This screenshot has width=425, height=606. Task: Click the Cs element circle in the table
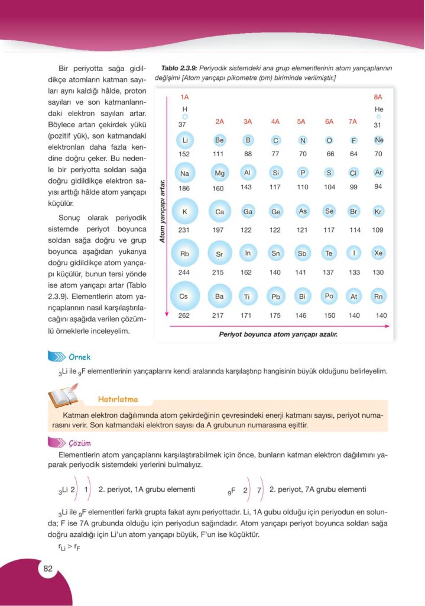pyautogui.click(x=184, y=296)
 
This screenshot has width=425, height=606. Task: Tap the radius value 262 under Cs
pyautogui.click(x=184, y=315)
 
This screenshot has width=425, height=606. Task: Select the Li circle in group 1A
pyautogui.click(x=184, y=140)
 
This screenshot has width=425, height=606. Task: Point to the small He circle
pyautogui.click(x=378, y=117)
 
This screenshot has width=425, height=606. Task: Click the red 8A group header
pyautogui.click(x=378, y=96)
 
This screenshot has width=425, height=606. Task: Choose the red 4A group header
pyautogui.click(x=275, y=121)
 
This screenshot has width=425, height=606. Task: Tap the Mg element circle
pyautogui.click(x=219, y=173)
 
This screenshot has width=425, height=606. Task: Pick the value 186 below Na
pyautogui.click(x=184, y=188)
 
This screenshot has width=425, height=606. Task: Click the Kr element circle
pyautogui.click(x=379, y=211)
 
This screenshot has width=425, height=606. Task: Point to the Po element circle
pyautogui.click(x=329, y=295)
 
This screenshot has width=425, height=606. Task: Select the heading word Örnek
pyautogui.click(x=79, y=356)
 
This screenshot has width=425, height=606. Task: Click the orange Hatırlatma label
pyautogui.click(x=118, y=399)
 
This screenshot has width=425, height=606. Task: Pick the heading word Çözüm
pyautogui.click(x=79, y=443)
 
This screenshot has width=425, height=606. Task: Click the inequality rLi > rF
pyautogui.click(x=69, y=548)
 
